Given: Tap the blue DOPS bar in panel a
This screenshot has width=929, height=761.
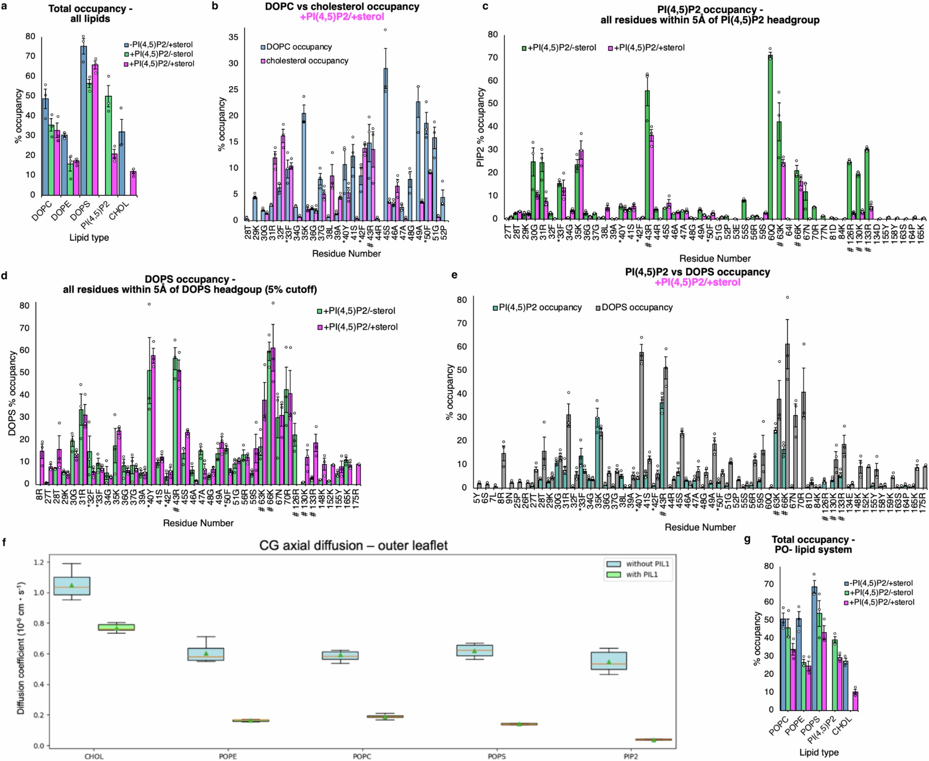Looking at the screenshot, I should point(84,121).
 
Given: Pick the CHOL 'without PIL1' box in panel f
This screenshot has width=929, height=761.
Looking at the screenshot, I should point(72,586).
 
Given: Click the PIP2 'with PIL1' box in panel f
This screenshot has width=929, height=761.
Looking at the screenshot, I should point(653,739).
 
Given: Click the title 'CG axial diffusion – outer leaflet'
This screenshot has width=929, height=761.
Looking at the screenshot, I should point(353,546).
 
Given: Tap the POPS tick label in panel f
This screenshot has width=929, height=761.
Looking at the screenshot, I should point(497,757).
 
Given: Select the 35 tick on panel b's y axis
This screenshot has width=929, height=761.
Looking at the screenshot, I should point(233,37).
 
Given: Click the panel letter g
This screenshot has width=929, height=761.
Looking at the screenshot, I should point(747,539).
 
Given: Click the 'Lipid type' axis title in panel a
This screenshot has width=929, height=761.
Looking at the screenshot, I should point(89,237).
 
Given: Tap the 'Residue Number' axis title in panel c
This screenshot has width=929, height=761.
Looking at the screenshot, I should point(715,259).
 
